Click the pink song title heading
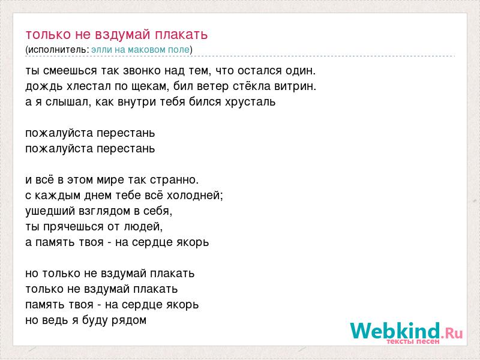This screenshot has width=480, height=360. point(116,35)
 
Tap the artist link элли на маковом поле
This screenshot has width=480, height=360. point(140,50)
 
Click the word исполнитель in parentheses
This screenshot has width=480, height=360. point(58,50)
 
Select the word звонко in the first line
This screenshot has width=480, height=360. point(142,71)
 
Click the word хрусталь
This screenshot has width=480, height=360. point(250,102)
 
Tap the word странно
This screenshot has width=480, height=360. point(174,180)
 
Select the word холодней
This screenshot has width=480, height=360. point(194,196)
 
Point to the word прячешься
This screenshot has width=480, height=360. point(73,227)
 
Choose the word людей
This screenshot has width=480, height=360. point(143,227)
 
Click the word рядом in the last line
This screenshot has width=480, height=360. point(128,320)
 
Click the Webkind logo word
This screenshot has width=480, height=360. point(395,331)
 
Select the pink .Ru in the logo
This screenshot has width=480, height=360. point(452,333)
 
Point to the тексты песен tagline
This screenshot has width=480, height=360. point(413,341)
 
